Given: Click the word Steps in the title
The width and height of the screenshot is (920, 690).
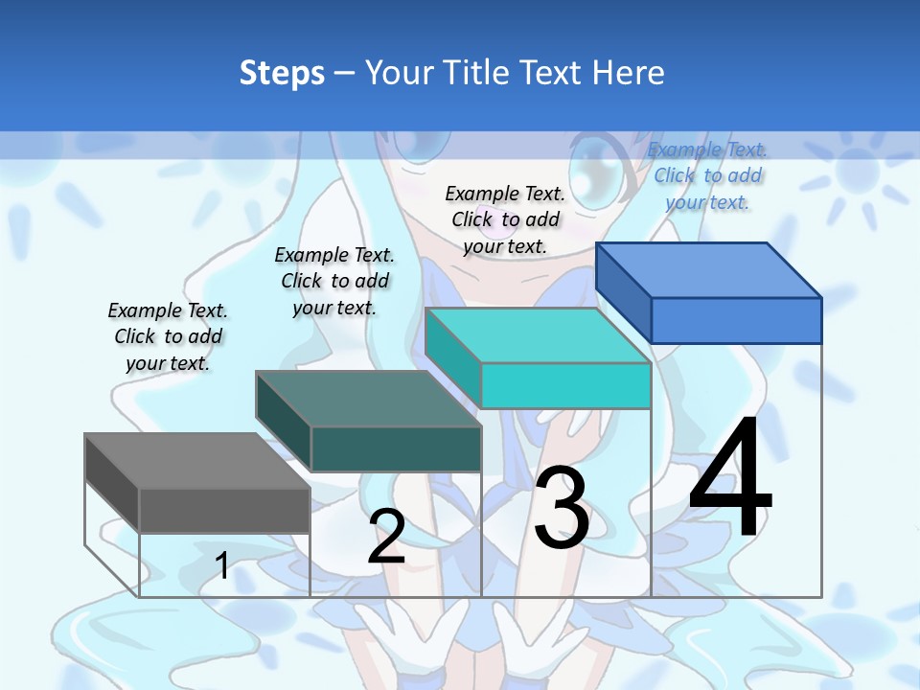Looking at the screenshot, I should click(282, 73).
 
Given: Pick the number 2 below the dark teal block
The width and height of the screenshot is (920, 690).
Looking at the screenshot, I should click(386, 537).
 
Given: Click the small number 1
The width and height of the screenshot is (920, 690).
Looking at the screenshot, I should click(222, 565).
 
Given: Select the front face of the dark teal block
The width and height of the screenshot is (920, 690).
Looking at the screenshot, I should click(396, 448).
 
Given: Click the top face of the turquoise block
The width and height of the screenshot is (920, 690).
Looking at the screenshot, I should click(538, 336).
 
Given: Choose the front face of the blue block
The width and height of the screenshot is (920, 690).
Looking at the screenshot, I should click(736, 320).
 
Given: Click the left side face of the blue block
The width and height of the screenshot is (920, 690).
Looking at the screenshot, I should click(623, 284).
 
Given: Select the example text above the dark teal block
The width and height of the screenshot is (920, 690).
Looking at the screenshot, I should click(334, 281).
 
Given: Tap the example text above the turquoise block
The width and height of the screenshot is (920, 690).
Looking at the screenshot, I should click(505, 219).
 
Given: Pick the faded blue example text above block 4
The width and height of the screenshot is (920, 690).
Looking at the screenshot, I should click(707, 175).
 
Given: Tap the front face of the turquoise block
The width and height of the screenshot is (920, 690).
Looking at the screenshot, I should click(565, 385).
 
